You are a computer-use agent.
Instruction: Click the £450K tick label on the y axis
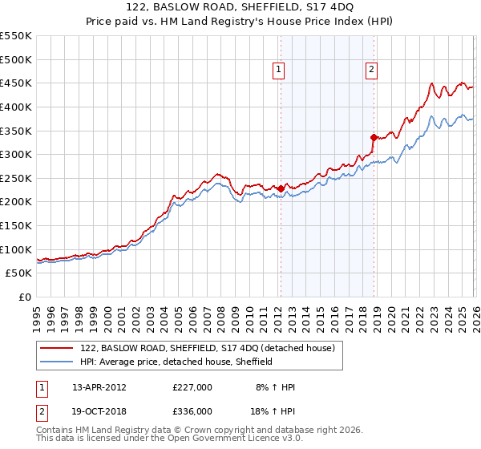[x=16, y=83]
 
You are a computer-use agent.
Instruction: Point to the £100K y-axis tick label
[x=16, y=249]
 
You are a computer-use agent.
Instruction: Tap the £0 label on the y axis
[x=24, y=297]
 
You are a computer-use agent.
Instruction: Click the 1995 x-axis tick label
[x=37, y=317]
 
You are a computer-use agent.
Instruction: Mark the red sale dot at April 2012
[x=281, y=189]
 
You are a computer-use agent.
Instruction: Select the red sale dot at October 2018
[x=374, y=137]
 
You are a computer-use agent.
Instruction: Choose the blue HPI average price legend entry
[x=176, y=362]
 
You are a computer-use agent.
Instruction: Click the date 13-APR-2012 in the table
[x=99, y=387]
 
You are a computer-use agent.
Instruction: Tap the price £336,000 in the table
[x=192, y=411]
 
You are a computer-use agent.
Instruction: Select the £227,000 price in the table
[x=192, y=387]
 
